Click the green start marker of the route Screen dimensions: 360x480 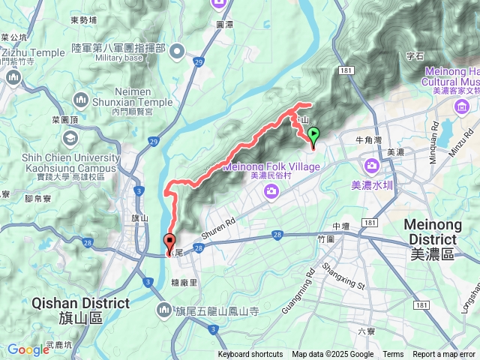313,136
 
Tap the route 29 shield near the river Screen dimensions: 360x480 154,141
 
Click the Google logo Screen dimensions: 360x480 28,349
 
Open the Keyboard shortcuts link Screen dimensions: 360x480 250,355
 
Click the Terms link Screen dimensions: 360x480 393,355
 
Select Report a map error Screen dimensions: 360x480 445,355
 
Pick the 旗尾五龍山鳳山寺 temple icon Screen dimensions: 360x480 164,310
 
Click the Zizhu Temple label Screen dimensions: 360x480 33,52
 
